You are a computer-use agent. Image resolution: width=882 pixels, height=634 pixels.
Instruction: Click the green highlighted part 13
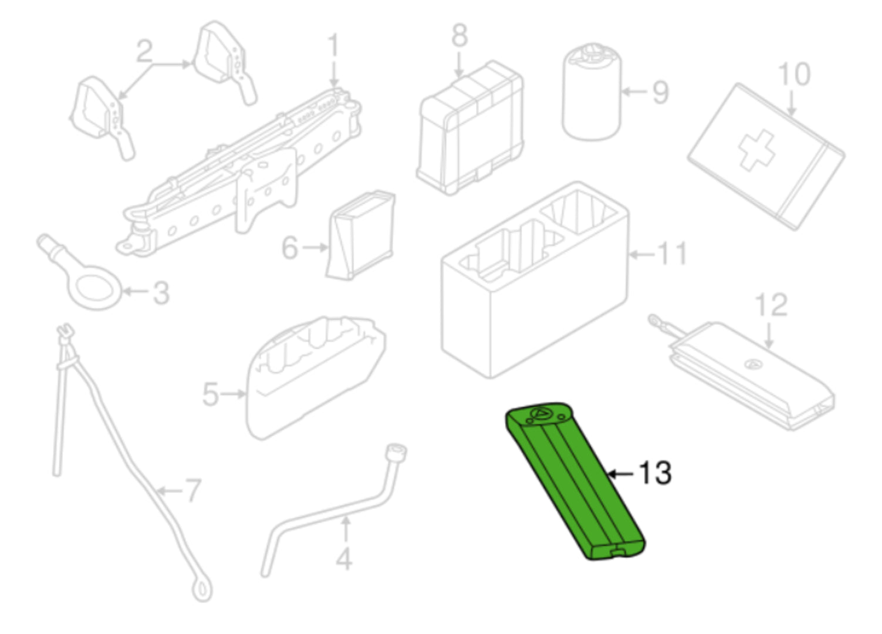pos(575,483)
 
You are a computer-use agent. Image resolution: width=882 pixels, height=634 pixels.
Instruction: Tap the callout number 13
pos(655,473)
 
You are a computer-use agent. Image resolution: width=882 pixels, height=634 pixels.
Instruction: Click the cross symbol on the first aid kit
pos(756,151)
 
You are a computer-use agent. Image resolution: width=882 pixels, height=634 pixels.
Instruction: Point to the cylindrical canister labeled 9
pos(592,92)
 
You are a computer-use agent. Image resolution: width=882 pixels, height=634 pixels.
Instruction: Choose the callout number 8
pos(459,35)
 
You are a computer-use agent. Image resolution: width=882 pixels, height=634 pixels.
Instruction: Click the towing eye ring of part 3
pos(96,287)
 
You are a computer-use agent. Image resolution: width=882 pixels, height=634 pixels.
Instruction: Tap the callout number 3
pos(161,293)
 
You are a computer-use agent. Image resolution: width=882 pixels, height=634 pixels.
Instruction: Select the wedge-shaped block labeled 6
pos(361,235)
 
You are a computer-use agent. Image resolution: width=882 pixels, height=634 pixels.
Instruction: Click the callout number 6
pos(290,248)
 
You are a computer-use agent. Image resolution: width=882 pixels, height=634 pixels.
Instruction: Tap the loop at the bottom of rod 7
pos(202,590)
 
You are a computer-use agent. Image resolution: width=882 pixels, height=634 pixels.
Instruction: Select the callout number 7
pos(192,491)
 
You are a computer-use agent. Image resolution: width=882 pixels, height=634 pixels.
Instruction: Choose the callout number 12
pos(771,305)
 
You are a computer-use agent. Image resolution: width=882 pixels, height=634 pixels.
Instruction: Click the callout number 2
pos(144,51)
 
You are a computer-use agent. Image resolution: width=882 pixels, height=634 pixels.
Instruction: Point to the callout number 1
pos(333,45)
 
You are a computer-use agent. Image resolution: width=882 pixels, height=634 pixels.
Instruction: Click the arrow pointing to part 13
pos(620,474)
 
